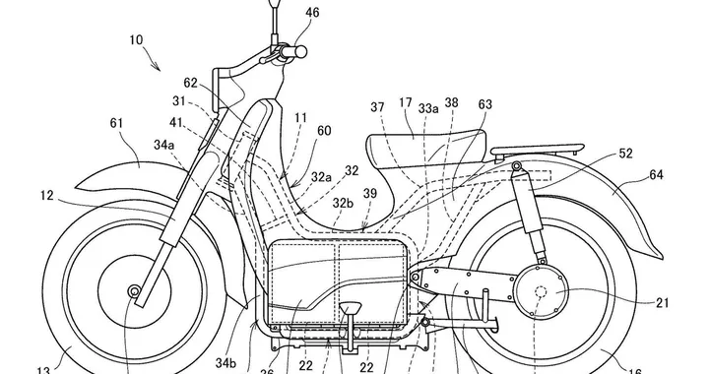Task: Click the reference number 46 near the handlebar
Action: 311,13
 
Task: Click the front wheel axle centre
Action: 134,292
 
